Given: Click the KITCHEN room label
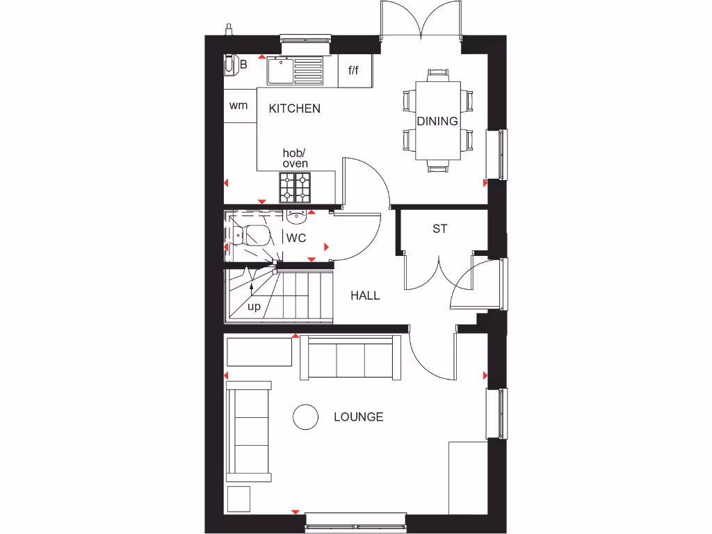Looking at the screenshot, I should pyautogui.click(x=295, y=108).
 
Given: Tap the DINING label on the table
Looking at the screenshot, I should pyautogui.click(x=437, y=121).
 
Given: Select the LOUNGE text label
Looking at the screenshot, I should pyautogui.click(x=358, y=417).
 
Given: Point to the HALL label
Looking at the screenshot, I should pyautogui.click(x=365, y=296).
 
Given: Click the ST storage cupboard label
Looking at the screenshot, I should pyautogui.click(x=439, y=228).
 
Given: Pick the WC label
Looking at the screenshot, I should pyautogui.click(x=296, y=238).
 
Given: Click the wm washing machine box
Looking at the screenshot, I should pyautogui.click(x=239, y=106).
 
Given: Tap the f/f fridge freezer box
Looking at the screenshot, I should pyautogui.click(x=354, y=71).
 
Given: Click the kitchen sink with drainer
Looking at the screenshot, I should pyautogui.click(x=295, y=70).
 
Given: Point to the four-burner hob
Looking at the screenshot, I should pyautogui.click(x=295, y=186).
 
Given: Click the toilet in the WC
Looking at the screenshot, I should pyautogui.click(x=252, y=236).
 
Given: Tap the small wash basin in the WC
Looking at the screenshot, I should pyautogui.click(x=296, y=216).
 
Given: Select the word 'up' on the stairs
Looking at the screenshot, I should pyautogui.click(x=254, y=307).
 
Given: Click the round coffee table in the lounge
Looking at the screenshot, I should pyautogui.click(x=305, y=417).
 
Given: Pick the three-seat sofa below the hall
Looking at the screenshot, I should pyautogui.click(x=350, y=358).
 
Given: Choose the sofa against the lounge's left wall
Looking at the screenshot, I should pyautogui.click(x=249, y=429).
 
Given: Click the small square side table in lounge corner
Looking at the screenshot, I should pyautogui.click(x=238, y=499).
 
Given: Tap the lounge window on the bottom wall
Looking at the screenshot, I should pyautogui.click(x=355, y=522).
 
